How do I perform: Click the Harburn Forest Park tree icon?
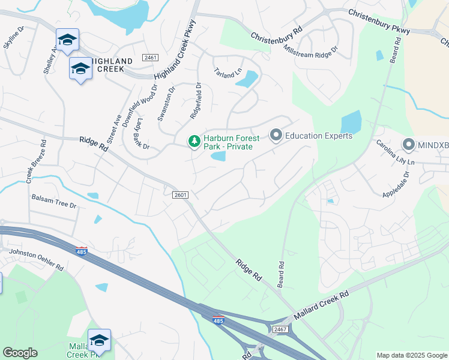(194, 142)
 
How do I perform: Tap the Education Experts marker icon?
(276, 135)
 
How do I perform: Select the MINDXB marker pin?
(409, 145)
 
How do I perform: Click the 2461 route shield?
(150, 58)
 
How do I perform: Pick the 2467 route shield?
(280, 329)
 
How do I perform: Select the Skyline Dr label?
(13, 37)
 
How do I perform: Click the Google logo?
(20, 353)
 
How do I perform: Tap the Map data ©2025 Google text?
(411, 355)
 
